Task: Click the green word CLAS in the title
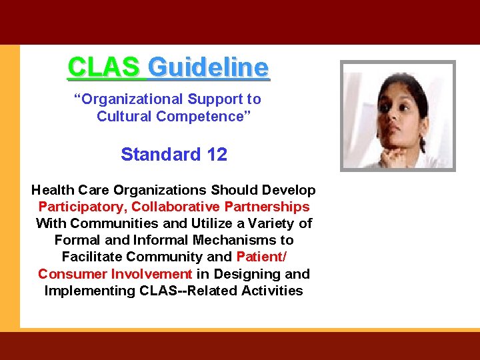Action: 103,67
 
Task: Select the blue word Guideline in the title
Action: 208,67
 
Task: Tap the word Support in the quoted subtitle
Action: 212,99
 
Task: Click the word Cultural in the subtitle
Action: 124,117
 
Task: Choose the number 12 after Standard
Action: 217,155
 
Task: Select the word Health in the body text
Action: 53,190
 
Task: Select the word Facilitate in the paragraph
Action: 93,257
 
